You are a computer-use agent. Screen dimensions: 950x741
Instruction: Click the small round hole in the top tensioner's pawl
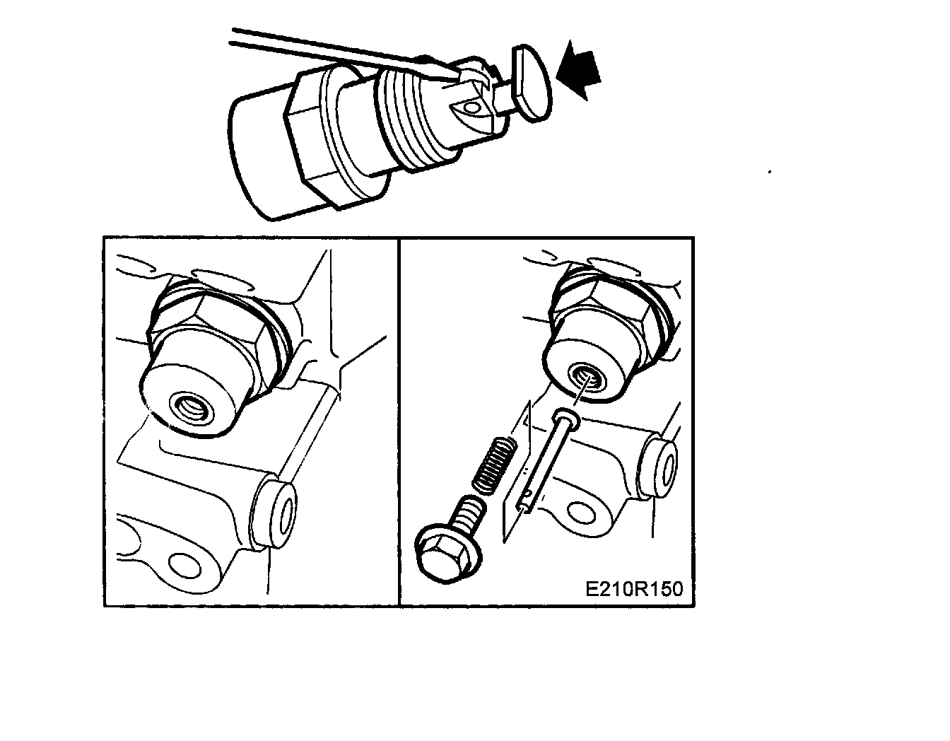(x=471, y=107)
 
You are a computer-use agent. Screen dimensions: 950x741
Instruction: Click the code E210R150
(x=634, y=589)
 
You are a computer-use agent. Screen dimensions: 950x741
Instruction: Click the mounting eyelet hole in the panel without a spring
(x=184, y=567)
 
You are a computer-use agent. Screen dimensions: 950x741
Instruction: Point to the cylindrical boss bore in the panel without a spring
(x=287, y=515)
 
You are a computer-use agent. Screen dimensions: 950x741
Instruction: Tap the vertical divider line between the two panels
(x=399, y=422)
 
